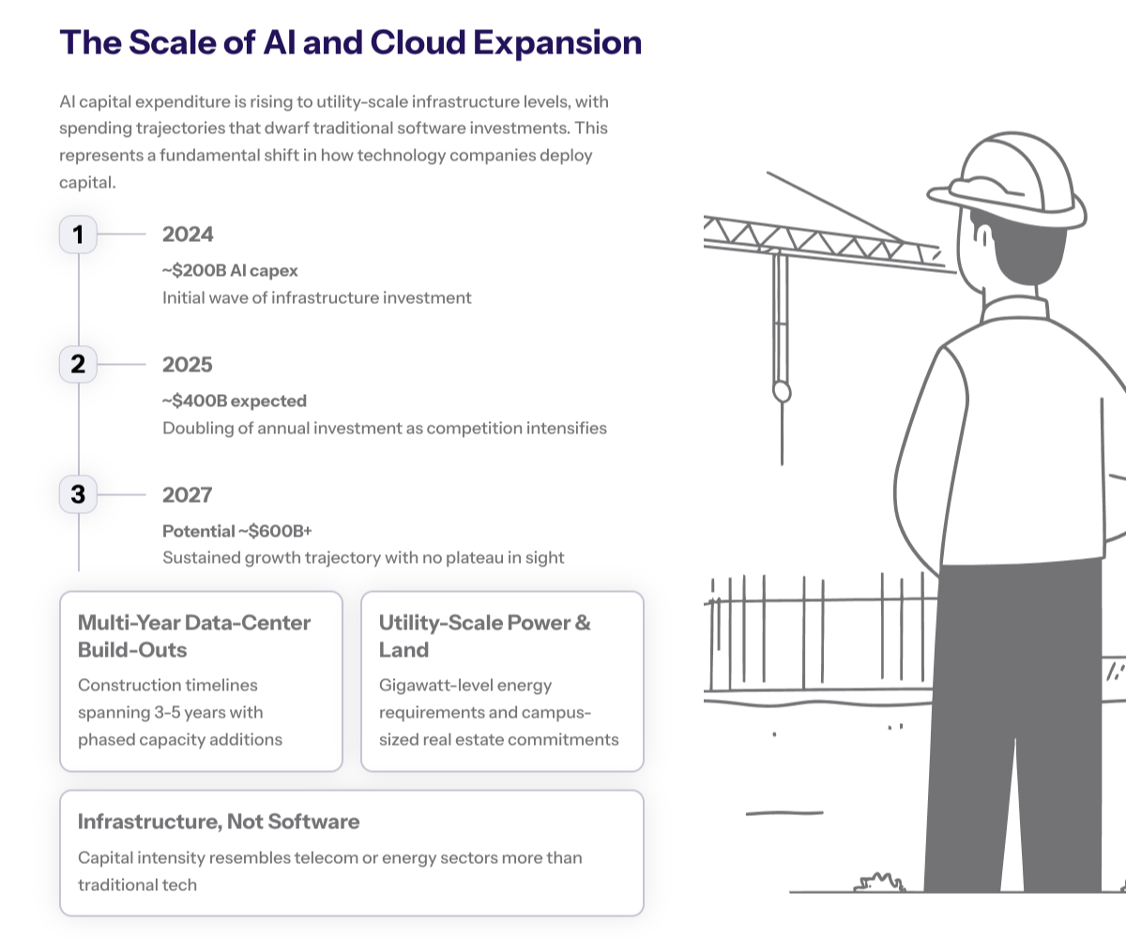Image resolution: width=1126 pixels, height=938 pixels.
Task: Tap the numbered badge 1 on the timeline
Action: coord(78,234)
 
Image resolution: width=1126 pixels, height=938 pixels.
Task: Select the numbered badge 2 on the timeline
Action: coord(78,364)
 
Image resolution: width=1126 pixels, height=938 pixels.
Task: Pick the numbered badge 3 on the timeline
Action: coord(78,494)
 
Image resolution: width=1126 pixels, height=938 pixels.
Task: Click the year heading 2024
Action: coord(188,234)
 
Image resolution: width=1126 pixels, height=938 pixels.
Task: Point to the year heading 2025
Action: coord(188,364)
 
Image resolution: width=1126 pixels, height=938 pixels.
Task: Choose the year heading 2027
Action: coord(188,494)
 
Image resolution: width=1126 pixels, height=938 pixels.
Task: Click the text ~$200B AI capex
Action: coord(230,270)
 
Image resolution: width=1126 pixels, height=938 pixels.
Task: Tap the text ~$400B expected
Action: coord(235,401)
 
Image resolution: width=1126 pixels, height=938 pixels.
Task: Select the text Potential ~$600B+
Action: coord(237,531)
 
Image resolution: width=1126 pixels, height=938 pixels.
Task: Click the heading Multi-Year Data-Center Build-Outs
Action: coord(194,636)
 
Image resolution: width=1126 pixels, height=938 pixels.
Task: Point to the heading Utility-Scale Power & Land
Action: coord(484,636)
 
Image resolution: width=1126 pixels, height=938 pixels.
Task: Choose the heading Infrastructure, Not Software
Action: coord(219,822)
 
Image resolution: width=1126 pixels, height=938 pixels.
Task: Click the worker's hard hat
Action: coord(1013,178)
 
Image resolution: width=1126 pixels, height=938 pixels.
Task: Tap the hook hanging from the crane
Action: coord(781,389)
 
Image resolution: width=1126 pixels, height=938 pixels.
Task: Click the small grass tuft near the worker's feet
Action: coord(879,882)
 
